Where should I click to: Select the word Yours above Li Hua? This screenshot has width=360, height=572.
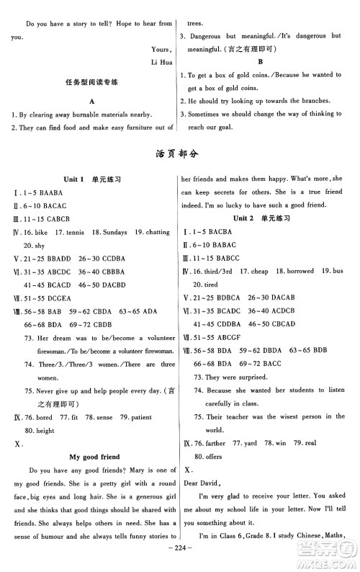coord(161,49)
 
